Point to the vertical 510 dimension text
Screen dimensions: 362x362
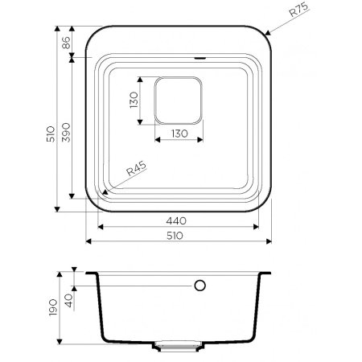tap(49, 134)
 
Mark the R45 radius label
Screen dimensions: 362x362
tap(134, 172)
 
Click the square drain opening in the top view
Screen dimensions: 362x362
tap(178, 101)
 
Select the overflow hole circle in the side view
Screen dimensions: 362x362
tap(200, 286)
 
